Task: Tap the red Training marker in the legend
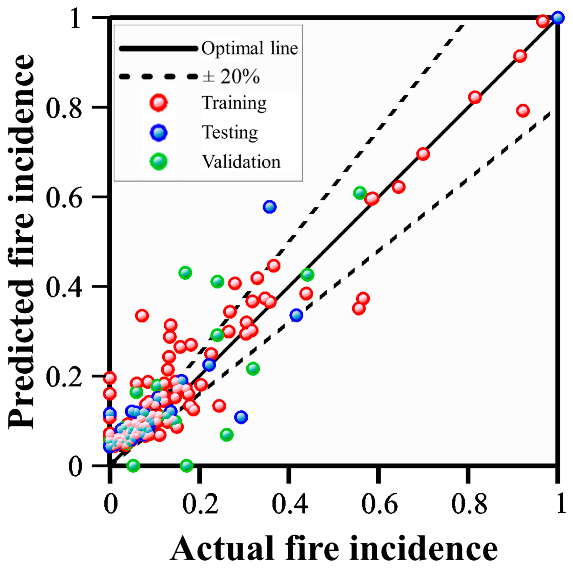(x=159, y=102)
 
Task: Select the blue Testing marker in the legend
(x=159, y=132)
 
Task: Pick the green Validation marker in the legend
(x=159, y=161)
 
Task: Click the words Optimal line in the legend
(x=250, y=48)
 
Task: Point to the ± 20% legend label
(x=231, y=76)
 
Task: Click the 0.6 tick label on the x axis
(x=379, y=504)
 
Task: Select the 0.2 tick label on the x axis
(x=200, y=504)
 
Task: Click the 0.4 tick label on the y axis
(x=64, y=287)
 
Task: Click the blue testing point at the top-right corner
(x=557, y=18)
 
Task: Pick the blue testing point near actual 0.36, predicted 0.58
(x=269, y=207)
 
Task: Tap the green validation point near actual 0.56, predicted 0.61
(x=360, y=193)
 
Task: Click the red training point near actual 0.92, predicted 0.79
(x=523, y=111)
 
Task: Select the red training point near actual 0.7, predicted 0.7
(x=423, y=154)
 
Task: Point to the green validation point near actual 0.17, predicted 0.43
(x=185, y=273)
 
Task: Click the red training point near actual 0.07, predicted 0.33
(x=142, y=316)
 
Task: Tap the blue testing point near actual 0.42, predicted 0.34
(x=296, y=315)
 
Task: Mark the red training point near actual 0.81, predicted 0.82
(x=475, y=98)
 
